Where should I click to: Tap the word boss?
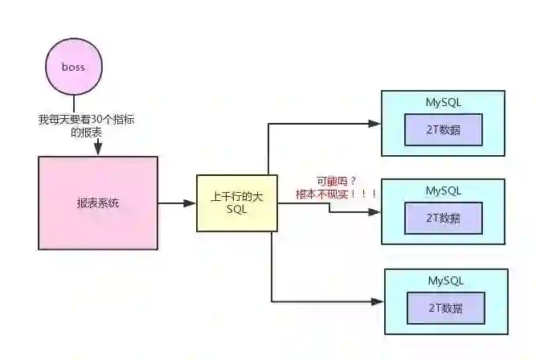tap(73, 67)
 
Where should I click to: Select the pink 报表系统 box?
tap(97, 202)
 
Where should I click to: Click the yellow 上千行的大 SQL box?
tap(237, 203)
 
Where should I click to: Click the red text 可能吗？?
tap(334, 181)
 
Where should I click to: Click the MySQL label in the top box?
tap(444, 102)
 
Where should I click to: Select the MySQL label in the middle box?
tap(444, 190)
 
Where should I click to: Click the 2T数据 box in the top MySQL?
tap(444, 129)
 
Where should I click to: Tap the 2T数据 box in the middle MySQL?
tap(444, 218)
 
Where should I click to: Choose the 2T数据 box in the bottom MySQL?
tap(446, 308)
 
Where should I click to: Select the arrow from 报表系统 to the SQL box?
tap(177, 203)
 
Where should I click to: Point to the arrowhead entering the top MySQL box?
tap(374, 124)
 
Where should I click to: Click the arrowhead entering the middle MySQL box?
tap(374, 213)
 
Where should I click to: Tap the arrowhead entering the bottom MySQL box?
tap(378, 301)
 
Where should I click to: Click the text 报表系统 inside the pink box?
tap(97, 202)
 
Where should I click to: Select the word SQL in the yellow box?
tap(237, 210)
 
